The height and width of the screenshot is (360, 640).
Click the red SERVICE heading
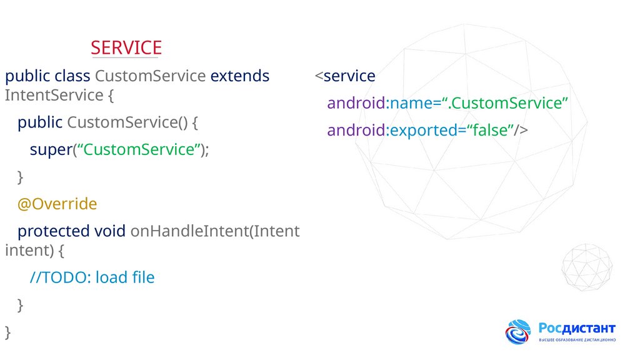click(126, 47)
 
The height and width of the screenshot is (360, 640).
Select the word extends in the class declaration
click(240, 76)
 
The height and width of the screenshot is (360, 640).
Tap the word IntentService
click(53, 96)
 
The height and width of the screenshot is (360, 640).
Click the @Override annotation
click(57, 204)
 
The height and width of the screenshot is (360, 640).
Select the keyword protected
click(54, 231)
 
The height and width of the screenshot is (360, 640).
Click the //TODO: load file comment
click(92, 277)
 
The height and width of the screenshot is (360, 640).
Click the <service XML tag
click(345, 76)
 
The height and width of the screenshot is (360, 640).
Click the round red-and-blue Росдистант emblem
click(518, 332)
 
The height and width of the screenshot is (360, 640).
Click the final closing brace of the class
click(7, 331)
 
